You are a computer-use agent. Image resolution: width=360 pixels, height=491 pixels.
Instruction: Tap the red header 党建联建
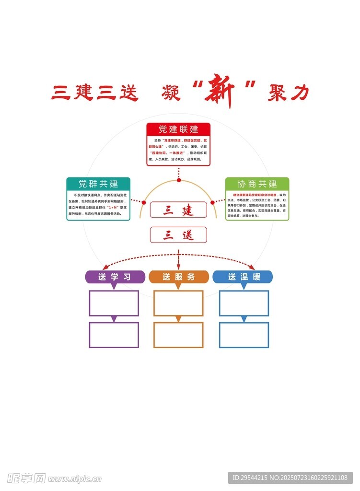[178, 129]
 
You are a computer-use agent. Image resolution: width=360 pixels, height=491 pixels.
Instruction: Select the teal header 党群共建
[98, 184]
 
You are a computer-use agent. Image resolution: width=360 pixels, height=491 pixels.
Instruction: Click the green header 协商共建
[257, 184]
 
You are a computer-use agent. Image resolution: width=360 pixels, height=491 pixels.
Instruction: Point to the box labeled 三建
[178, 210]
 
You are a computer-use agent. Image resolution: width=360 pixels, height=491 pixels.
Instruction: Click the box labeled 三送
[178, 235]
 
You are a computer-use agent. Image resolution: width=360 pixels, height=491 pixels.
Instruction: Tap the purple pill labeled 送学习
[115, 277]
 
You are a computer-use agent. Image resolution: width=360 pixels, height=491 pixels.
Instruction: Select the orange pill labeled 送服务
[179, 277]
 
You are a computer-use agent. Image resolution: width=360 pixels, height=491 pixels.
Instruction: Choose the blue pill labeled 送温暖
[243, 277]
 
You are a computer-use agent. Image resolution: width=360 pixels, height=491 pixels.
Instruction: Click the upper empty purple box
[114, 303]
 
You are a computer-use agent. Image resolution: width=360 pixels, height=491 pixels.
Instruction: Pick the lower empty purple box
[114, 335]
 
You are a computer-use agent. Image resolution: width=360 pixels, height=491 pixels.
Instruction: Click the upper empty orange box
[178, 303]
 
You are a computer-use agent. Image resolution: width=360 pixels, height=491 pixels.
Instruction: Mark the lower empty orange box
[178, 335]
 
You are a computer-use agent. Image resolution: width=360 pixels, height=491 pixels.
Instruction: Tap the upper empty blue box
[244, 303]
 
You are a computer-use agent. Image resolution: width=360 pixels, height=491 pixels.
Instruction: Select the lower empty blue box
[244, 335]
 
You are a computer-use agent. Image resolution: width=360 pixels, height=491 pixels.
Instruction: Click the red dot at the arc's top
[179, 180]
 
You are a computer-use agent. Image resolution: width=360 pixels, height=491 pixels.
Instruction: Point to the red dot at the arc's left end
[143, 203]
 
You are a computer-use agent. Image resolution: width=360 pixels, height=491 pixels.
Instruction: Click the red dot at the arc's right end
[212, 203]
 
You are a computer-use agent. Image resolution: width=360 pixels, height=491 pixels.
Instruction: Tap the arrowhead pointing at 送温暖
[252, 267]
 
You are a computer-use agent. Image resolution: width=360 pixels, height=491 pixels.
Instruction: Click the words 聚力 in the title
[288, 93]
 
